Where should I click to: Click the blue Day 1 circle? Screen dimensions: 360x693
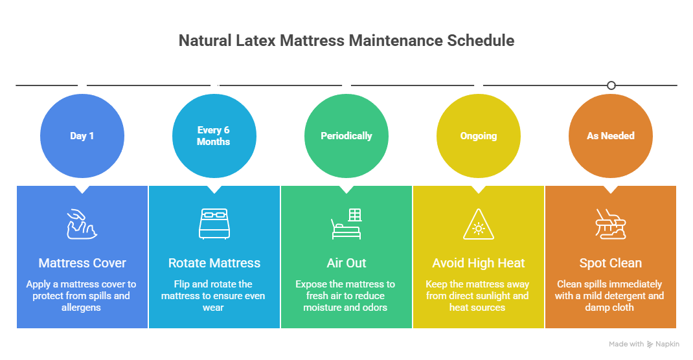(x=82, y=136)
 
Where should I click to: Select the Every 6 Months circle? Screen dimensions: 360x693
(x=214, y=136)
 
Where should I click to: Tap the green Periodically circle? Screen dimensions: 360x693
(x=346, y=136)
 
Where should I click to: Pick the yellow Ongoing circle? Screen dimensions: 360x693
(x=479, y=136)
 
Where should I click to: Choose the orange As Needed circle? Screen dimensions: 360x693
(x=611, y=136)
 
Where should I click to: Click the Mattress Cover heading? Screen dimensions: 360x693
(x=82, y=263)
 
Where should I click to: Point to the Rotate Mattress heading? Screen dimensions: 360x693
(x=214, y=263)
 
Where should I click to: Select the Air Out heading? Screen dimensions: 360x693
(x=346, y=263)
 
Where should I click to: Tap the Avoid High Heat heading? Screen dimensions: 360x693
(x=479, y=263)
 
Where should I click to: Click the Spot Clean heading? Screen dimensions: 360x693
(x=611, y=263)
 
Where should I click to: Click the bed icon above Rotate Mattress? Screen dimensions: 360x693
(x=214, y=223)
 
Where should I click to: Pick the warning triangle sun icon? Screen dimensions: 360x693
(x=479, y=225)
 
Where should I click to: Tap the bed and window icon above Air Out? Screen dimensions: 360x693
(x=346, y=223)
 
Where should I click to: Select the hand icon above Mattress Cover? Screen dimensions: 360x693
(x=82, y=223)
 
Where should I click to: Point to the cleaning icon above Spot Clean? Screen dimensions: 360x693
(x=611, y=223)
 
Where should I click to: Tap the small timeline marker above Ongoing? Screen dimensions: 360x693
(x=479, y=85)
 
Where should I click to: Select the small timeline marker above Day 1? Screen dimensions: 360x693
(x=82, y=85)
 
